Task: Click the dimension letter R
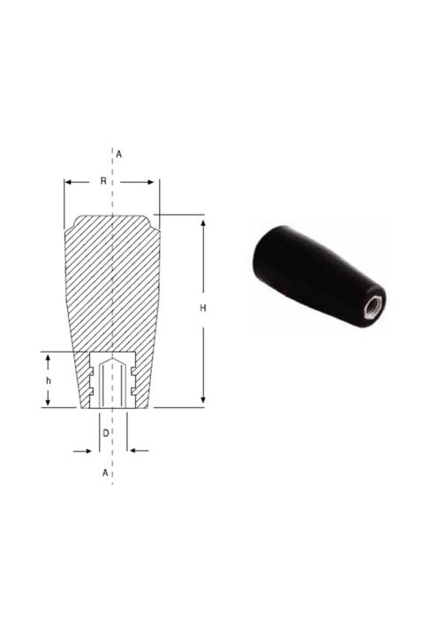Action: click(x=103, y=181)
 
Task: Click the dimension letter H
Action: click(x=203, y=308)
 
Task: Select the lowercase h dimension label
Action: click(x=49, y=381)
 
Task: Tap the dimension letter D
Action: click(x=105, y=433)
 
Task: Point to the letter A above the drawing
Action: click(x=118, y=154)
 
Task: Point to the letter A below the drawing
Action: click(x=105, y=473)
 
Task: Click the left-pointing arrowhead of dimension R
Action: click(x=68, y=182)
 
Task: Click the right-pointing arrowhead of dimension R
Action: click(x=150, y=182)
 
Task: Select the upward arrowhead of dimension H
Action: click(x=203, y=223)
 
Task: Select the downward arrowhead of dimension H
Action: click(x=203, y=400)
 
